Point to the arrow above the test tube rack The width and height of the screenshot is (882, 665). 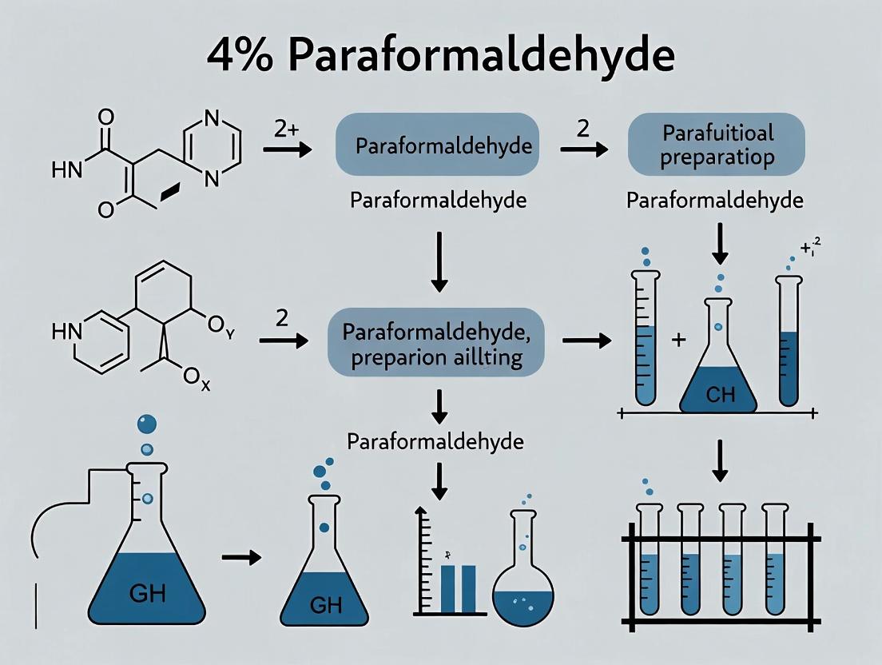[720, 461]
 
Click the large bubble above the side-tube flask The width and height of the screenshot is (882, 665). [146, 424]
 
